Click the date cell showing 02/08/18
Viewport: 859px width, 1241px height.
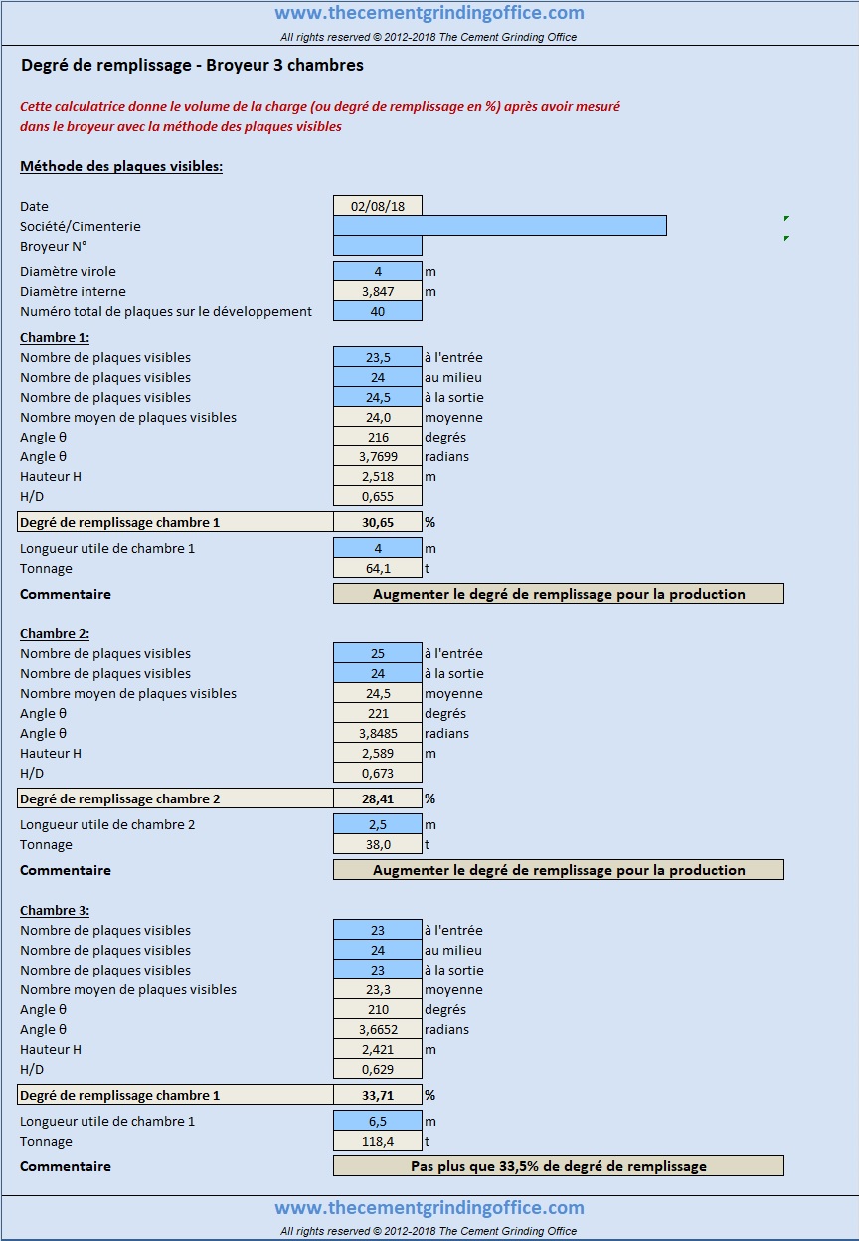click(x=377, y=206)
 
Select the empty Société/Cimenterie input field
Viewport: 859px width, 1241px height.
click(x=499, y=226)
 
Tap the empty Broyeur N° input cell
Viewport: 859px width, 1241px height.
click(x=377, y=246)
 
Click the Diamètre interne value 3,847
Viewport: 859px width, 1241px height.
click(x=377, y=292)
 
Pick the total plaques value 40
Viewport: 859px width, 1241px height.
click(x=377, y=311)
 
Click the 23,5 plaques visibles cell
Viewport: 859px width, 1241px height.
click(x=377, y=357)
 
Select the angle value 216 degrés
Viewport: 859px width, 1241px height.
click(x=377, y=438)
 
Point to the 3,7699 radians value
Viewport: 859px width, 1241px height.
click(x=377, y=457)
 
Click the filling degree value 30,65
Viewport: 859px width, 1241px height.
click(x=377, y=522)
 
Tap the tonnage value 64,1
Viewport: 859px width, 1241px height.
click(x=377, y=569)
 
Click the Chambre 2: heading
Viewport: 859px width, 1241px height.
click(x=55, y=633)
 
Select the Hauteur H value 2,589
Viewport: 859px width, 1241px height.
click(x=377, y=754)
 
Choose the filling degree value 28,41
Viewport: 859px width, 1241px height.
click(x=377, y=798)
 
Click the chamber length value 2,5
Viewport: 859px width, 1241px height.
click(x=377, y=825)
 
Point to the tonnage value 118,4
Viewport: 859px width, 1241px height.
click(x=377, y=1142)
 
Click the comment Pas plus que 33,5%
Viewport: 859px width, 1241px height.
click(x=559, y=1166)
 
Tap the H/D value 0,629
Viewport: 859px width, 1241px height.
click(x=377, y=1069)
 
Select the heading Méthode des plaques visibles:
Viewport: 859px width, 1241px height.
click(x=121, y=166)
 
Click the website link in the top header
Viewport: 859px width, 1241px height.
click(x=429, y=12)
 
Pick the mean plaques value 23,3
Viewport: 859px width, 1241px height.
click(x=377, y=990)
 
